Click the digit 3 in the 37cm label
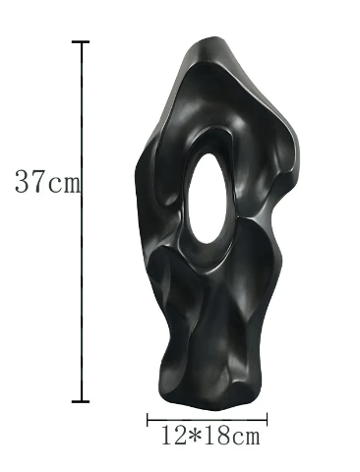click(23, 181)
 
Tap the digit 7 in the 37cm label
click(38, 181)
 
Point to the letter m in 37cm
click(70, 184)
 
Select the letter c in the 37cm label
click(54, 185)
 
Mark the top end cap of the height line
click(81, 42)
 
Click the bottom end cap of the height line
click(81, 401)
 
